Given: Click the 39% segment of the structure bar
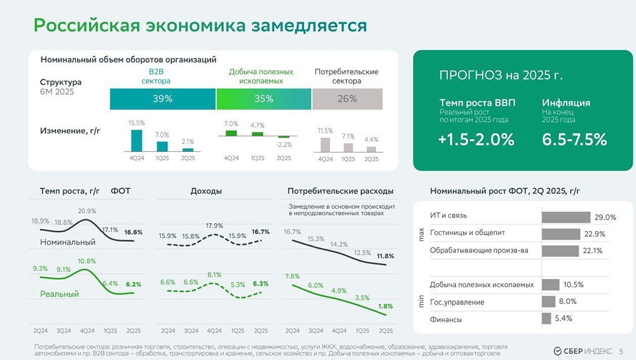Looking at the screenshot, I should pyautogui.click(x=162, y=99).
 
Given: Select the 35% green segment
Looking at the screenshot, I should pyautogui.click(x=263, y=99).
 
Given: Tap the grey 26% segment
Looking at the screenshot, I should pyautogui.click(x=347, y=99).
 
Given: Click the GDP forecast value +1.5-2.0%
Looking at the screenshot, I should pyautogui.click(x=476, y=141).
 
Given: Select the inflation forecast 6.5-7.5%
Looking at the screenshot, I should pyautogui.click(x=574, y=141).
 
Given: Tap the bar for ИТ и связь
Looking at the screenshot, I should pyautogui.click(x=565, y=217).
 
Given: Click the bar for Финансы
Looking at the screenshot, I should pyautogui.click(x=546, y=318).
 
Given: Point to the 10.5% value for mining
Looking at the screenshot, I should pyautogui.click(x=573, y=284).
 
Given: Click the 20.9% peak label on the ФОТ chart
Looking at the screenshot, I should pyautogui.click(x=87, y=211).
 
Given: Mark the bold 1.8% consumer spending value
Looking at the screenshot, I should pyautogui.click(x=385, y=306).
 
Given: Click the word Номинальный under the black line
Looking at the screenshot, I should pyautogui.click(x=67, y=242).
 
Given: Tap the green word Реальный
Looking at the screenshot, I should pyautogui.click(x=59, y=294).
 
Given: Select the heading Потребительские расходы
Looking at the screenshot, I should pyautogui.click(x=340, y=191).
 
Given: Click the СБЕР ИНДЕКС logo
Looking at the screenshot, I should pyautogui.click(x=583, y=350).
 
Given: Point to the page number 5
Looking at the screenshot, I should pyautogui.click(x=621, y=350).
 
